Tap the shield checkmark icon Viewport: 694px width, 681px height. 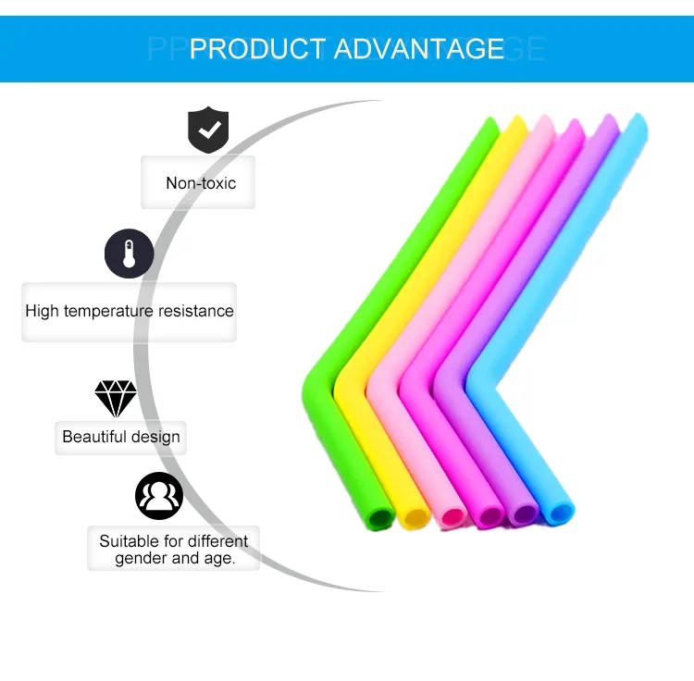208,130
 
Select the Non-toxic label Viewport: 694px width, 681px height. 201,183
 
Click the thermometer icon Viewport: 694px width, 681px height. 129,254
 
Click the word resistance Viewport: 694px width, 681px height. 196,311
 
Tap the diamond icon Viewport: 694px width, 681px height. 116,399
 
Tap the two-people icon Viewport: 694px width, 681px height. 159,496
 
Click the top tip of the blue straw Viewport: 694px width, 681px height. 638,121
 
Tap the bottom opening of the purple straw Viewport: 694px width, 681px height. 525,514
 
